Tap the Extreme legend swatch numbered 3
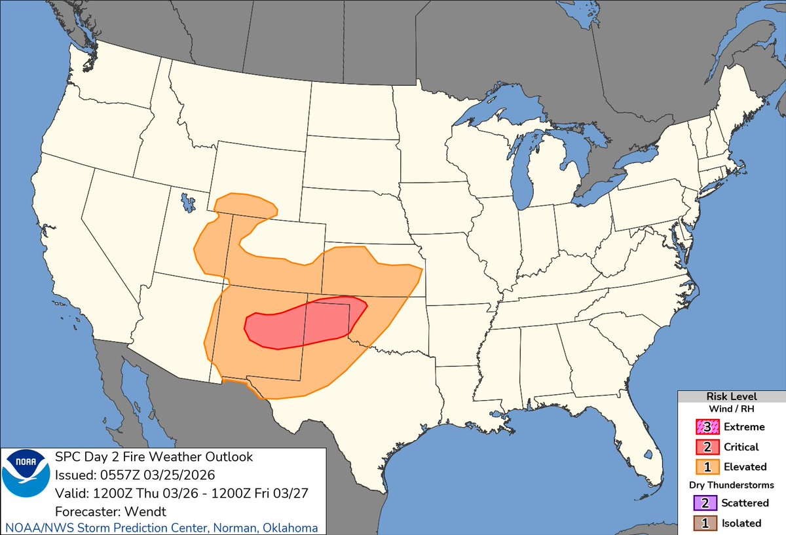point(705,427)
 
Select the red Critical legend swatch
point(705,447)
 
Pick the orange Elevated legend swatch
point(705,467)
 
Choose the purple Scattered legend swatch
point(705,503)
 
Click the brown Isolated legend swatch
point(705,523)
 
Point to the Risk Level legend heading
point(731,396)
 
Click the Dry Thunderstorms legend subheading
point(731,485)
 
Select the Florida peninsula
point(639,426)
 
